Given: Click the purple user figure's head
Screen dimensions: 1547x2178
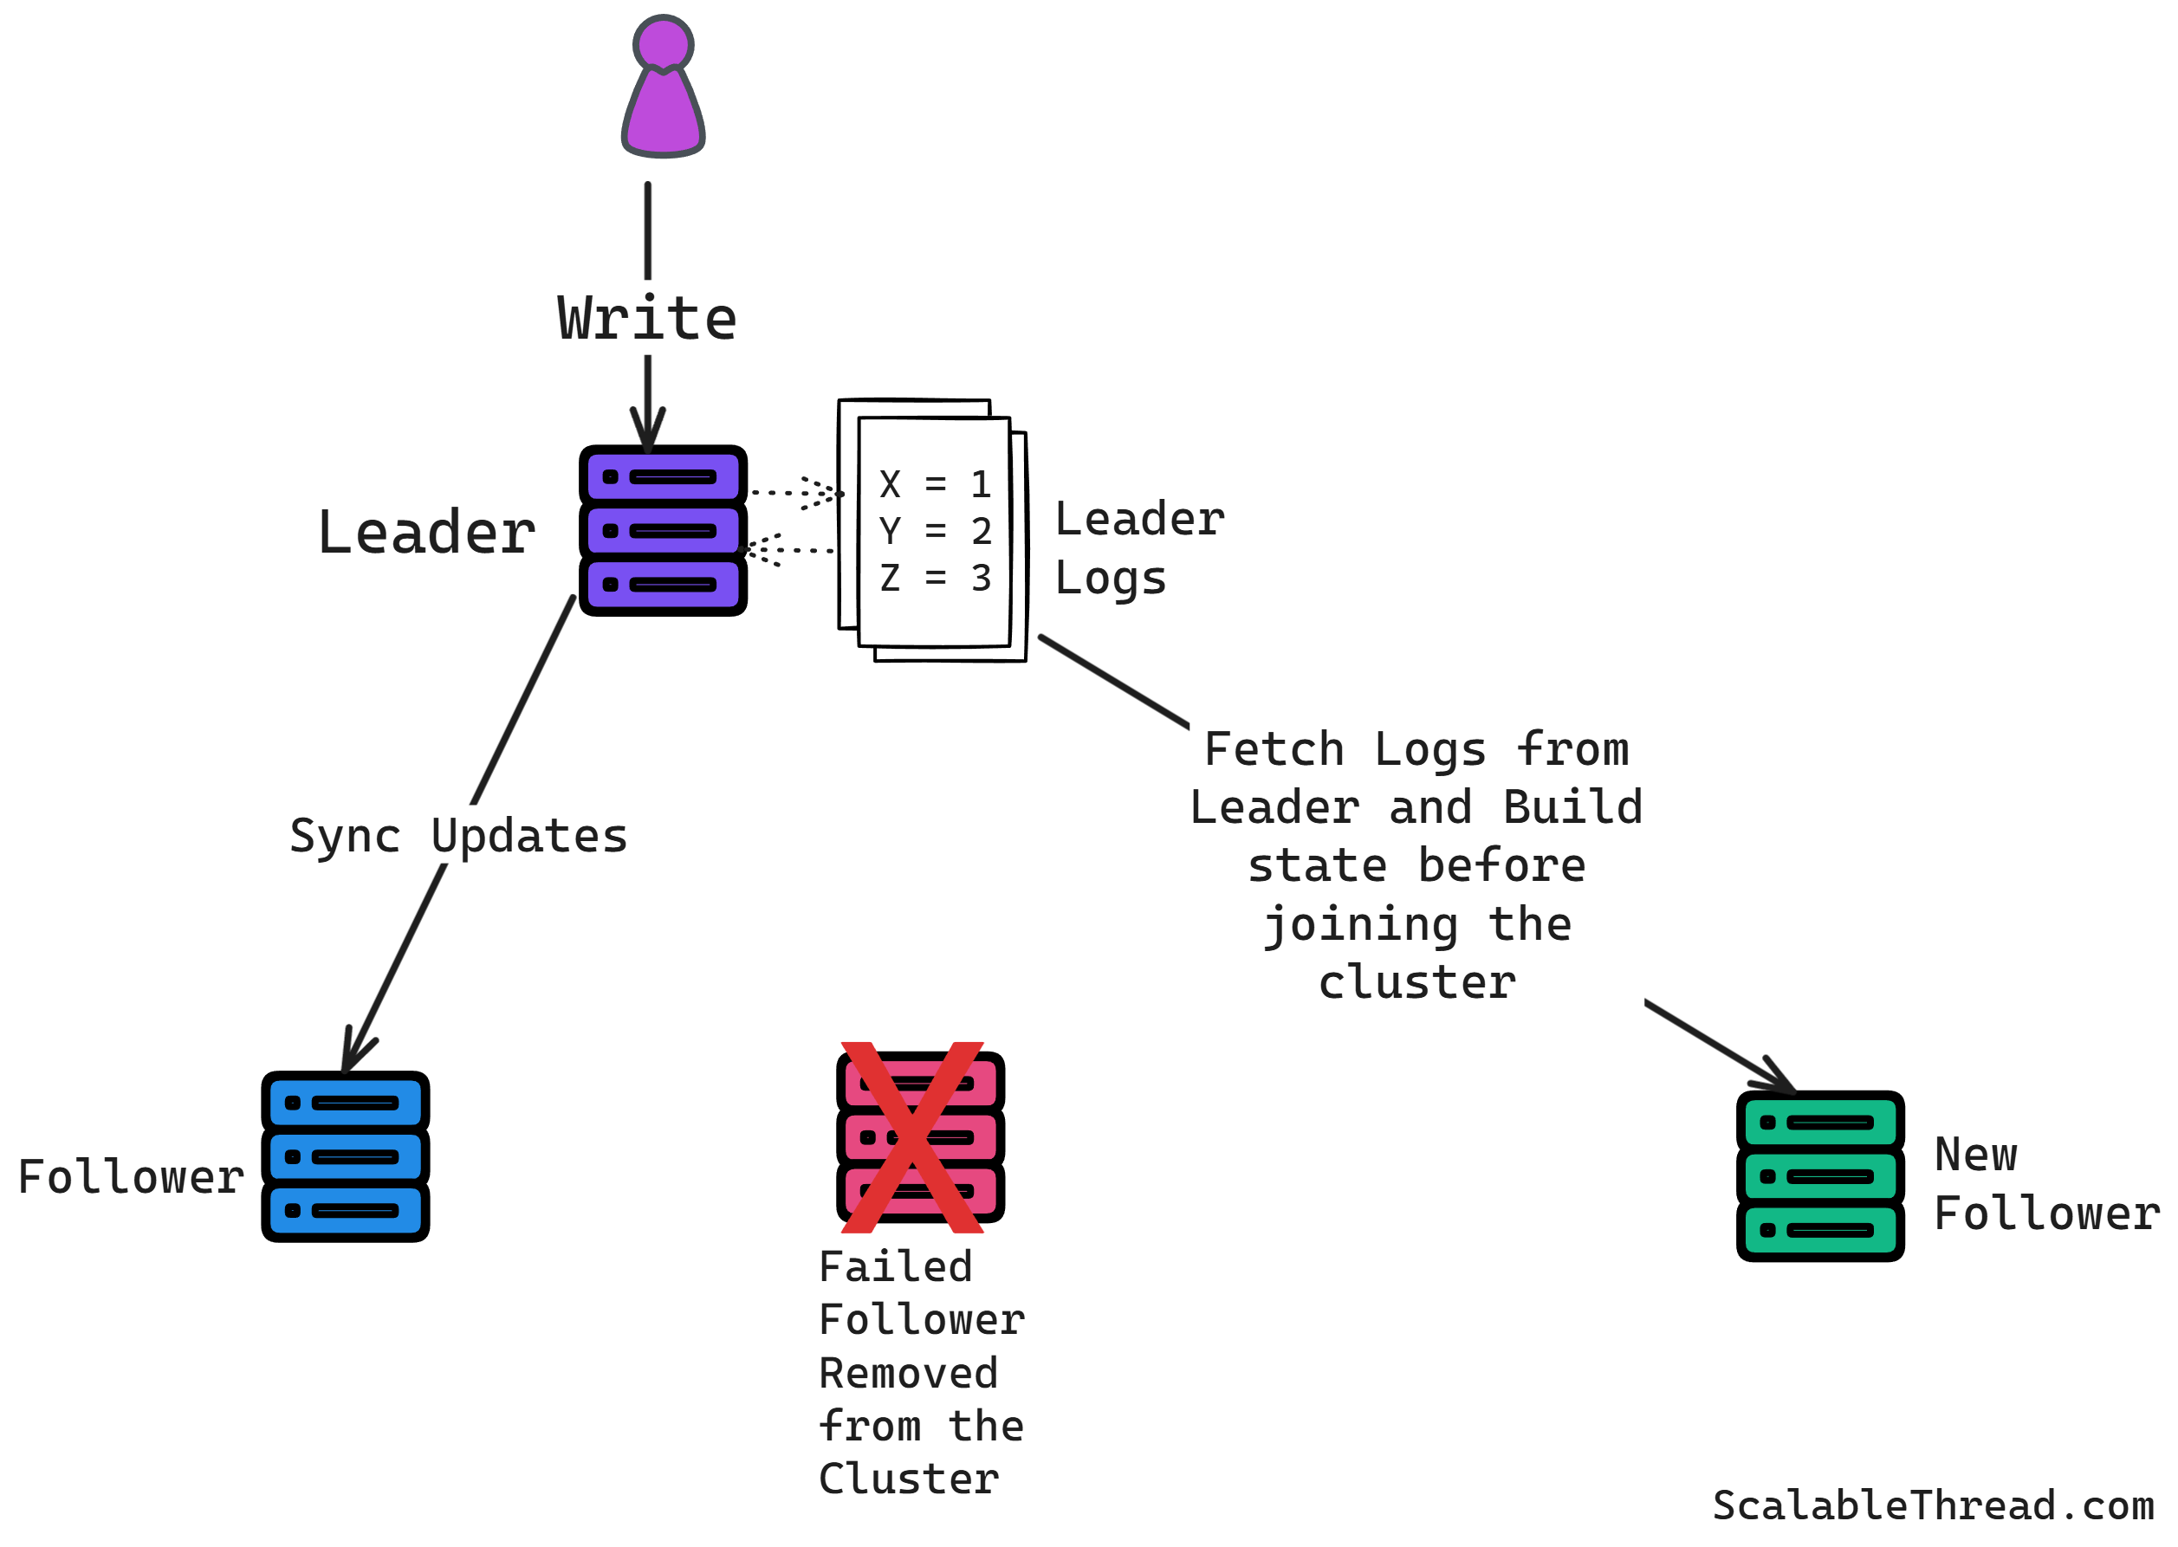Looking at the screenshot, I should tap(662, 44).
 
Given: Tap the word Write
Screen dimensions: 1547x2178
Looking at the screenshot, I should tap(647, 318).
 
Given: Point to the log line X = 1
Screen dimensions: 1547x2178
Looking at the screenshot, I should tap(934, 484).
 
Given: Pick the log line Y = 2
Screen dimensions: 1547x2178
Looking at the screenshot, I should tap(934, 531).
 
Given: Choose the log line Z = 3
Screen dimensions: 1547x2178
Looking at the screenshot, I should tap(934, 577).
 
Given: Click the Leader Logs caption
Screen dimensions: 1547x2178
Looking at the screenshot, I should tap(1138, 547).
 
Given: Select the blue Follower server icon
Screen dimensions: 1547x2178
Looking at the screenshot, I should tap(345, 1155).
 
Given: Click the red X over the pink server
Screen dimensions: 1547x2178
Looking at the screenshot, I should tap(911, 1136).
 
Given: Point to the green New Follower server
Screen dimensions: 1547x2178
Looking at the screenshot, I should tap(1818, 1175).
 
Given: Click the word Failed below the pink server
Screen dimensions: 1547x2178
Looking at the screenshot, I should tap(895, 1267).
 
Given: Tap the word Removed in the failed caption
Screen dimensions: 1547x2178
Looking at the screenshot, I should tap(907, 1373).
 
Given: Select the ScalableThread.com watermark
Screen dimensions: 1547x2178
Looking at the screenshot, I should tap(1932, 1505).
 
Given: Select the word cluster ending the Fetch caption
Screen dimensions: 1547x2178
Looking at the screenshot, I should tap(1416, 982).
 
